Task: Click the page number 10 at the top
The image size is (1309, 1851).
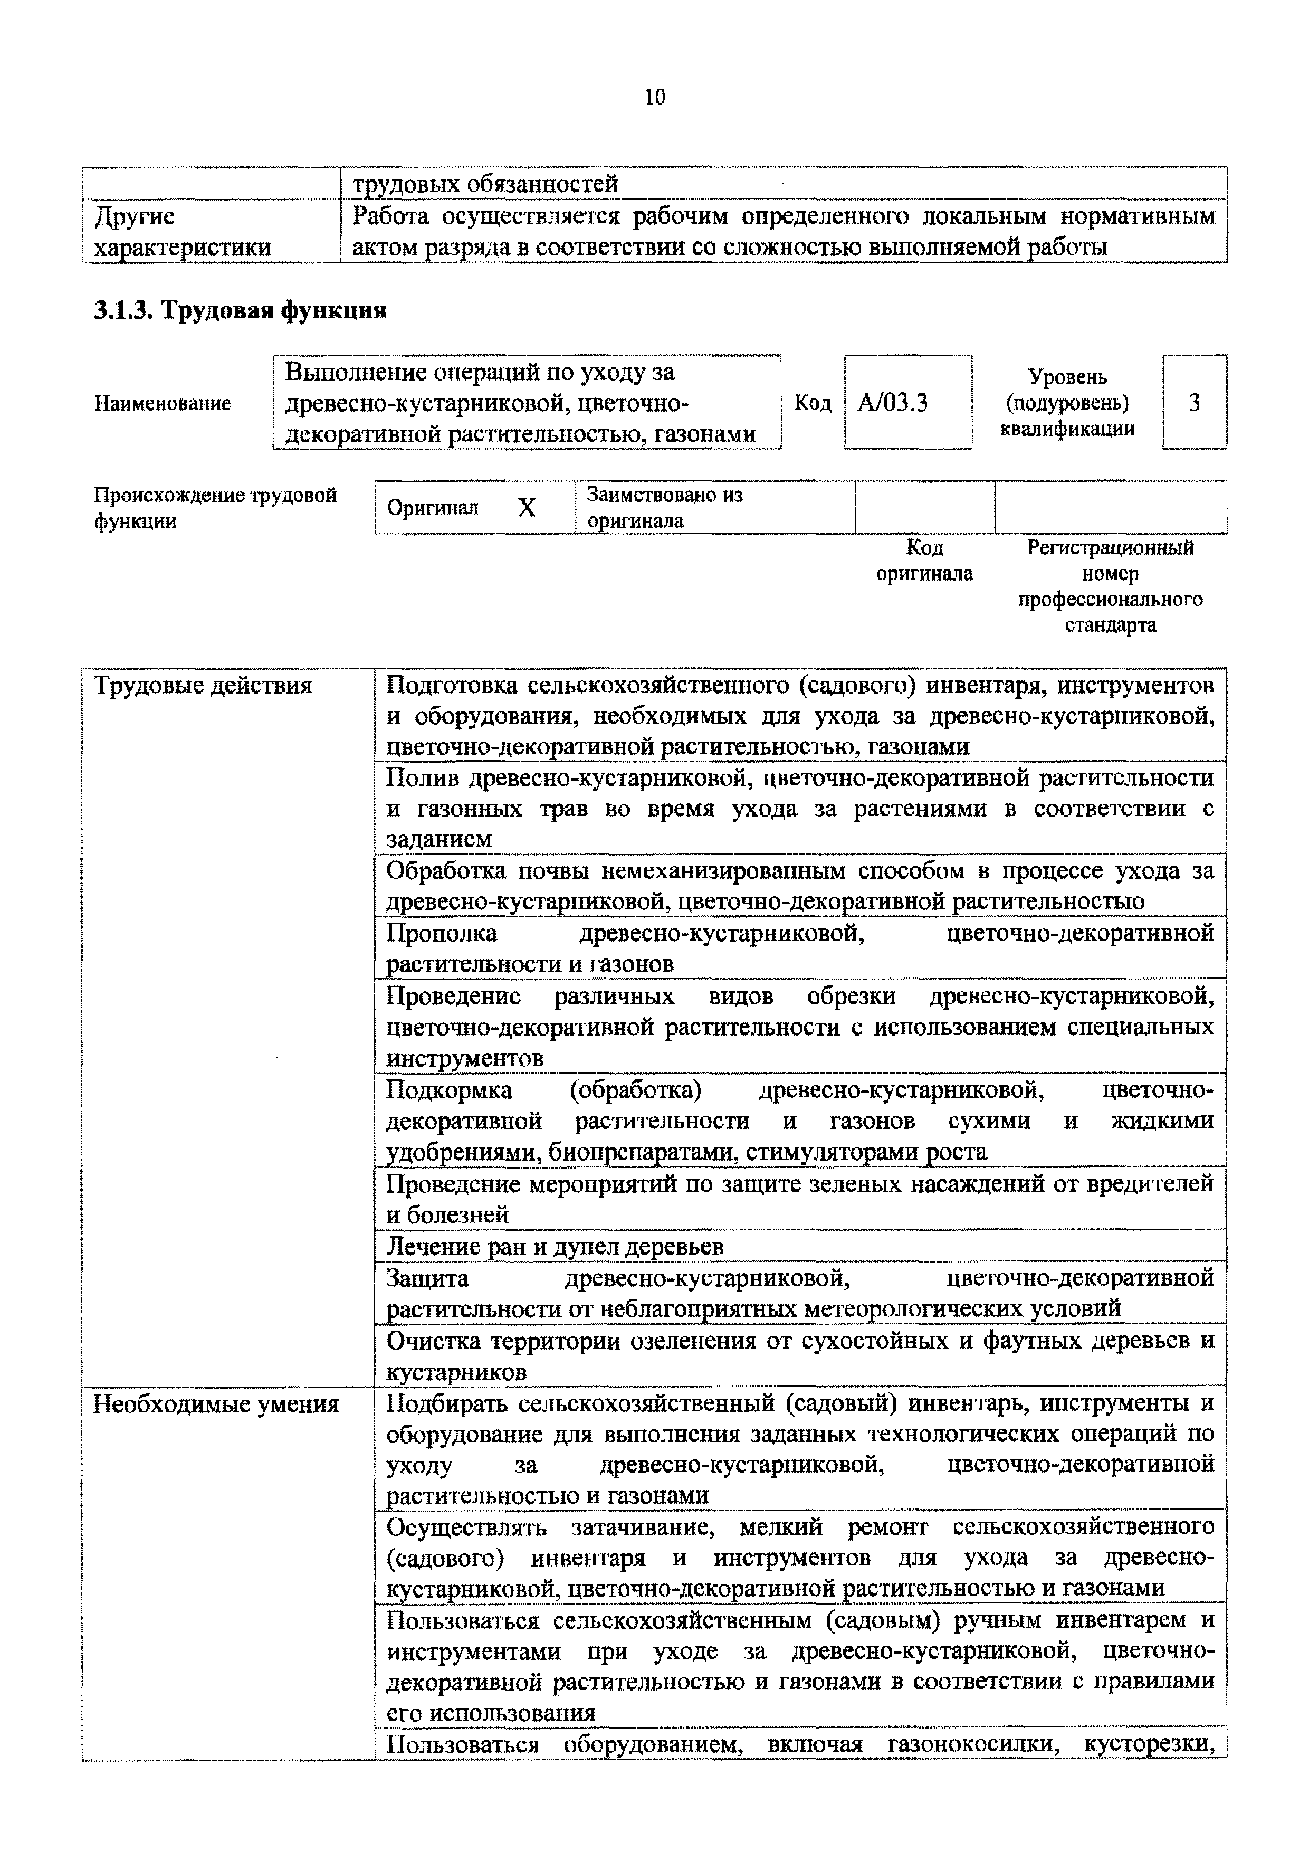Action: [x=654, y=98]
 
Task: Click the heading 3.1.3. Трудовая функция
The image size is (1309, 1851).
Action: [x=240, y=310]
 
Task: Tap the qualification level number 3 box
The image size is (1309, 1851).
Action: [x=1194, y=402]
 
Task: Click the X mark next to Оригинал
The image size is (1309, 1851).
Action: [x=527, y=507]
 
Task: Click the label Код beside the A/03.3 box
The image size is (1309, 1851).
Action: [x=813, y=402]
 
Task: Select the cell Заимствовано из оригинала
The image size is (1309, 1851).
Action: [x=665, y=507]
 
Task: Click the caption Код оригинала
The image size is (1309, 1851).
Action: [x=924, y=561]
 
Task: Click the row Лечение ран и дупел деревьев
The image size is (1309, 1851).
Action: [x=555, y=1246]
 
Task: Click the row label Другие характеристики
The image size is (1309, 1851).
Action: [x=182, y=231]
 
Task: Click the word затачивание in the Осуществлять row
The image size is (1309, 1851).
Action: [x=643, y=1527]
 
